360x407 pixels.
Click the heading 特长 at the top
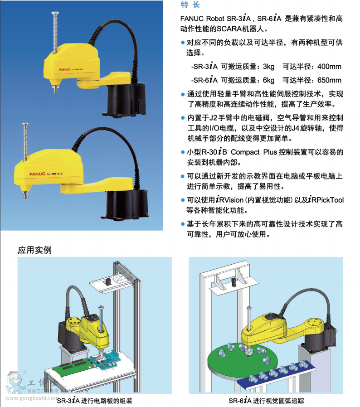[x=190, y=5]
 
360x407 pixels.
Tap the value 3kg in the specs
[x=268, y=67]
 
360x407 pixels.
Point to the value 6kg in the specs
[x=268, y=81]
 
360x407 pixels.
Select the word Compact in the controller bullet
[x=245, y=152]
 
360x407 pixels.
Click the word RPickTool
[x=327, y=200]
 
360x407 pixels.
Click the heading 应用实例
[x=34, y=250]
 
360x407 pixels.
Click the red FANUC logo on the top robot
[x=65, y=69]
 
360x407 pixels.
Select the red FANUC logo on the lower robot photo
[x=37, y=174]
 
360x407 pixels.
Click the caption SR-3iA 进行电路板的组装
[x=95, y=401]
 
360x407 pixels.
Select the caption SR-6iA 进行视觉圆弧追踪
[x=266, y=401]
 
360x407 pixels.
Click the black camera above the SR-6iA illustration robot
[x=234, y=281]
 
